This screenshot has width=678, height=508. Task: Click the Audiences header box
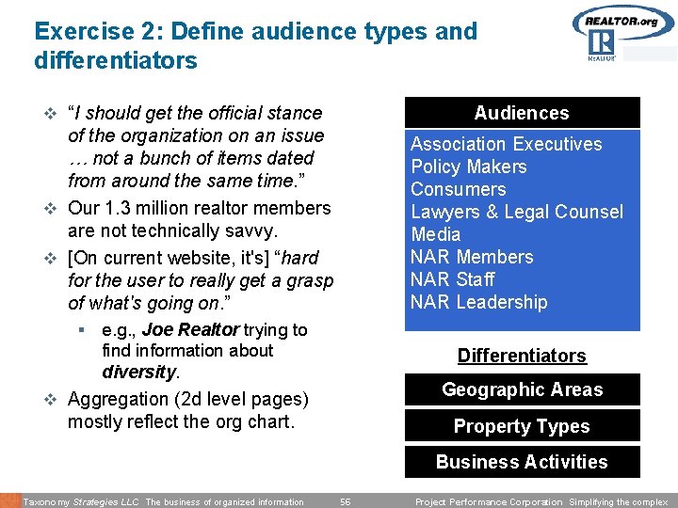click(522, 113)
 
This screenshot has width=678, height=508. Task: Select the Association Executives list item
click(506, 144)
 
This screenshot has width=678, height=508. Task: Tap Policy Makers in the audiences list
click(468, 167)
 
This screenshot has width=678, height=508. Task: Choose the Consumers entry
click(458, 189)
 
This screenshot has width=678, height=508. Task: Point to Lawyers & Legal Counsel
click(516, 212)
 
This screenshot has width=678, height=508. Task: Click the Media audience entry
click(436, 234)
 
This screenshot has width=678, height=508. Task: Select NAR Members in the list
click(472, 257)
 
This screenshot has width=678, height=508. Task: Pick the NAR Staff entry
click(452, 279)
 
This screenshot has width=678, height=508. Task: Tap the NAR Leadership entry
click(478, 302)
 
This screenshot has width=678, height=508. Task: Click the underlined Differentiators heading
click(522, 356)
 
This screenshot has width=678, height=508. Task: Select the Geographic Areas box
click(522, 389)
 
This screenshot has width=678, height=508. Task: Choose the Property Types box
click(522, 426)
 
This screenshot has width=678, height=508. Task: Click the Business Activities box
click(522, 462)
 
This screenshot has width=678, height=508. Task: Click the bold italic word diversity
click(138, 372)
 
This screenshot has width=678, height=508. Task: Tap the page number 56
click(346, 501)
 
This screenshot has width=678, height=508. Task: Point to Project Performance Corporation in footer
click(488, 501)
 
